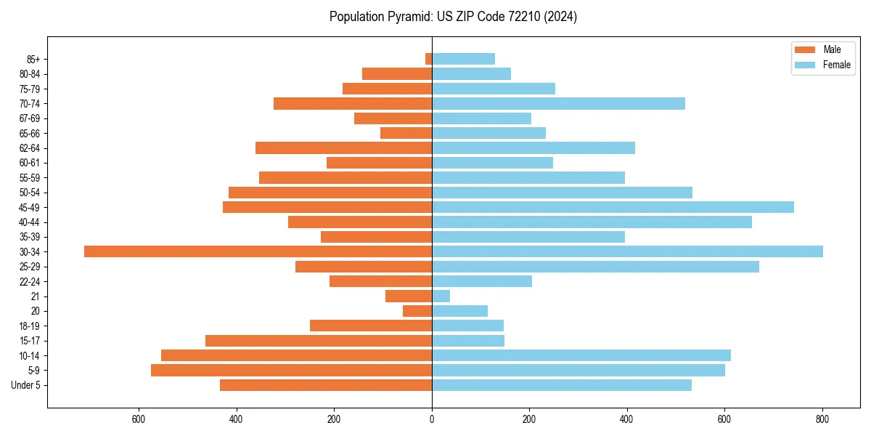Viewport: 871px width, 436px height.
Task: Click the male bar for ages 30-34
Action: pos(258,251)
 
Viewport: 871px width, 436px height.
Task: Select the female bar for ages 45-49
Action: pos(613,207)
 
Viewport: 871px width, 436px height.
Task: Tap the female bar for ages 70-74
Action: pos(558,103)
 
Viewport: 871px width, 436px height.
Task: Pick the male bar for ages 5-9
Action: pos(291,370)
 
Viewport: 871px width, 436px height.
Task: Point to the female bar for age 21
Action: pos(441,296)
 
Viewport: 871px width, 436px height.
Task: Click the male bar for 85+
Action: pos(429,59)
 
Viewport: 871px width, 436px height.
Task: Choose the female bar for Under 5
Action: pos(561,385)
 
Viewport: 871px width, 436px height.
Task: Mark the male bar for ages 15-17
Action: pos(319,340)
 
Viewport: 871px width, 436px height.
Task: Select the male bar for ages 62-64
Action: pos(343,148)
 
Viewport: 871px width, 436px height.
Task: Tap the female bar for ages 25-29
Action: pos(595,266)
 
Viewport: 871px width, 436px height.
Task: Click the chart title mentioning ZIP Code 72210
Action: pos(453,17)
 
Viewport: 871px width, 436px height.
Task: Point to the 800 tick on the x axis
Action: pos(822,419)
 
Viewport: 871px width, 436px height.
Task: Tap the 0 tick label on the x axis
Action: pos(432,419)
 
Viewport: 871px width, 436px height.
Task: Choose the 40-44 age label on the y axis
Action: pos(29,222)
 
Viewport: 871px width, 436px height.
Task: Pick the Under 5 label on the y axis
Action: pos(25,385)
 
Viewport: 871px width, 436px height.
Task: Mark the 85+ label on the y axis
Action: pos(33,59)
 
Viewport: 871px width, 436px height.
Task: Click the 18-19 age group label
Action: pos(29,326)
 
